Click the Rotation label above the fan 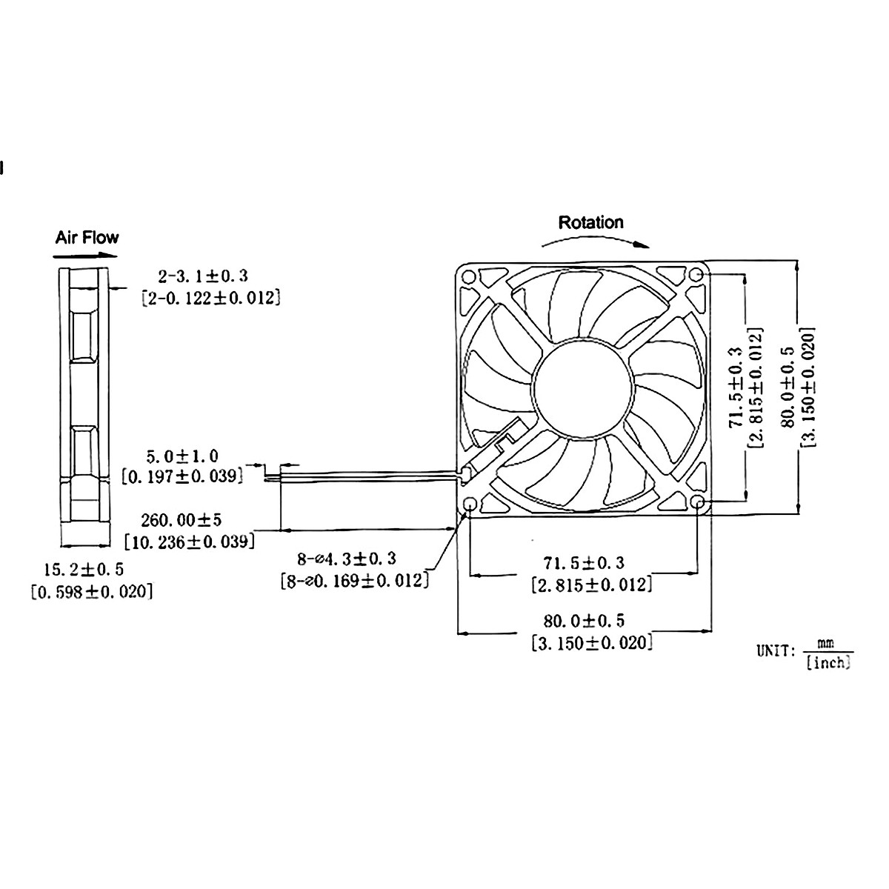pos(590,222)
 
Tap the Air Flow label pos(87,238)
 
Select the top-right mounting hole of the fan pos(696,276)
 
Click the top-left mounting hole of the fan pos(469,276)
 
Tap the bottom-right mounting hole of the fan pos(698,503)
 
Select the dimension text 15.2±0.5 pos(83,570)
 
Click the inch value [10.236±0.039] pos(190,542)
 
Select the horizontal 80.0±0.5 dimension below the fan pos(583,620)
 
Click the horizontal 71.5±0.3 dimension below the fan pos(583,563)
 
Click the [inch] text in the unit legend pos(828,663)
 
